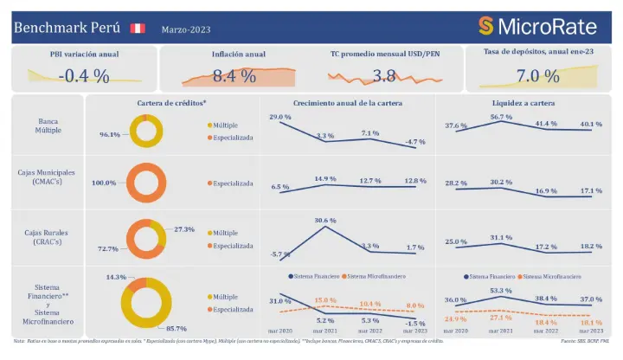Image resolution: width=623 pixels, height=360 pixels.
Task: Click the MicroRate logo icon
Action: (486, 25)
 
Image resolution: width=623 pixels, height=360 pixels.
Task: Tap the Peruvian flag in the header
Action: (137, 29)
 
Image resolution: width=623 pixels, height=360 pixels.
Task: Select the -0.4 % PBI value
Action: (84, 75)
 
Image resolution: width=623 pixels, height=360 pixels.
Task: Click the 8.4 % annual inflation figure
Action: (234, 75)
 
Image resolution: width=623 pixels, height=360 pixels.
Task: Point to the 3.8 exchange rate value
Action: (383, 75)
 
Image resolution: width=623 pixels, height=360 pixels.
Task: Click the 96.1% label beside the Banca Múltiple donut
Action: (109, 135)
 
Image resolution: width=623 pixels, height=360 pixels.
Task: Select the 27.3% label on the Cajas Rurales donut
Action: (184, 229)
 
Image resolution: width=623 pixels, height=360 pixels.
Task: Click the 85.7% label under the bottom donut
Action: (177, 329)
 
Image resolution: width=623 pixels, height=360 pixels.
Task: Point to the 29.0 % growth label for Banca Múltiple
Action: (280, 117)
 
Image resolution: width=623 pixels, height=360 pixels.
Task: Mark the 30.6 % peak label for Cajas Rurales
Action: (325, 220)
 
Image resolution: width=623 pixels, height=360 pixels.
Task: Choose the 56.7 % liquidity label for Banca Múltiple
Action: (501, 117)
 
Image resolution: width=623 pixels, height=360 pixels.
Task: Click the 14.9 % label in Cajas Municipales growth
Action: (325, 178)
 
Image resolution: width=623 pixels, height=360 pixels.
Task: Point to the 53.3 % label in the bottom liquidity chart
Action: (501, 291)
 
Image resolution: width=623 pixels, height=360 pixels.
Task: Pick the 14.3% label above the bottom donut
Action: (116, 277)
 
